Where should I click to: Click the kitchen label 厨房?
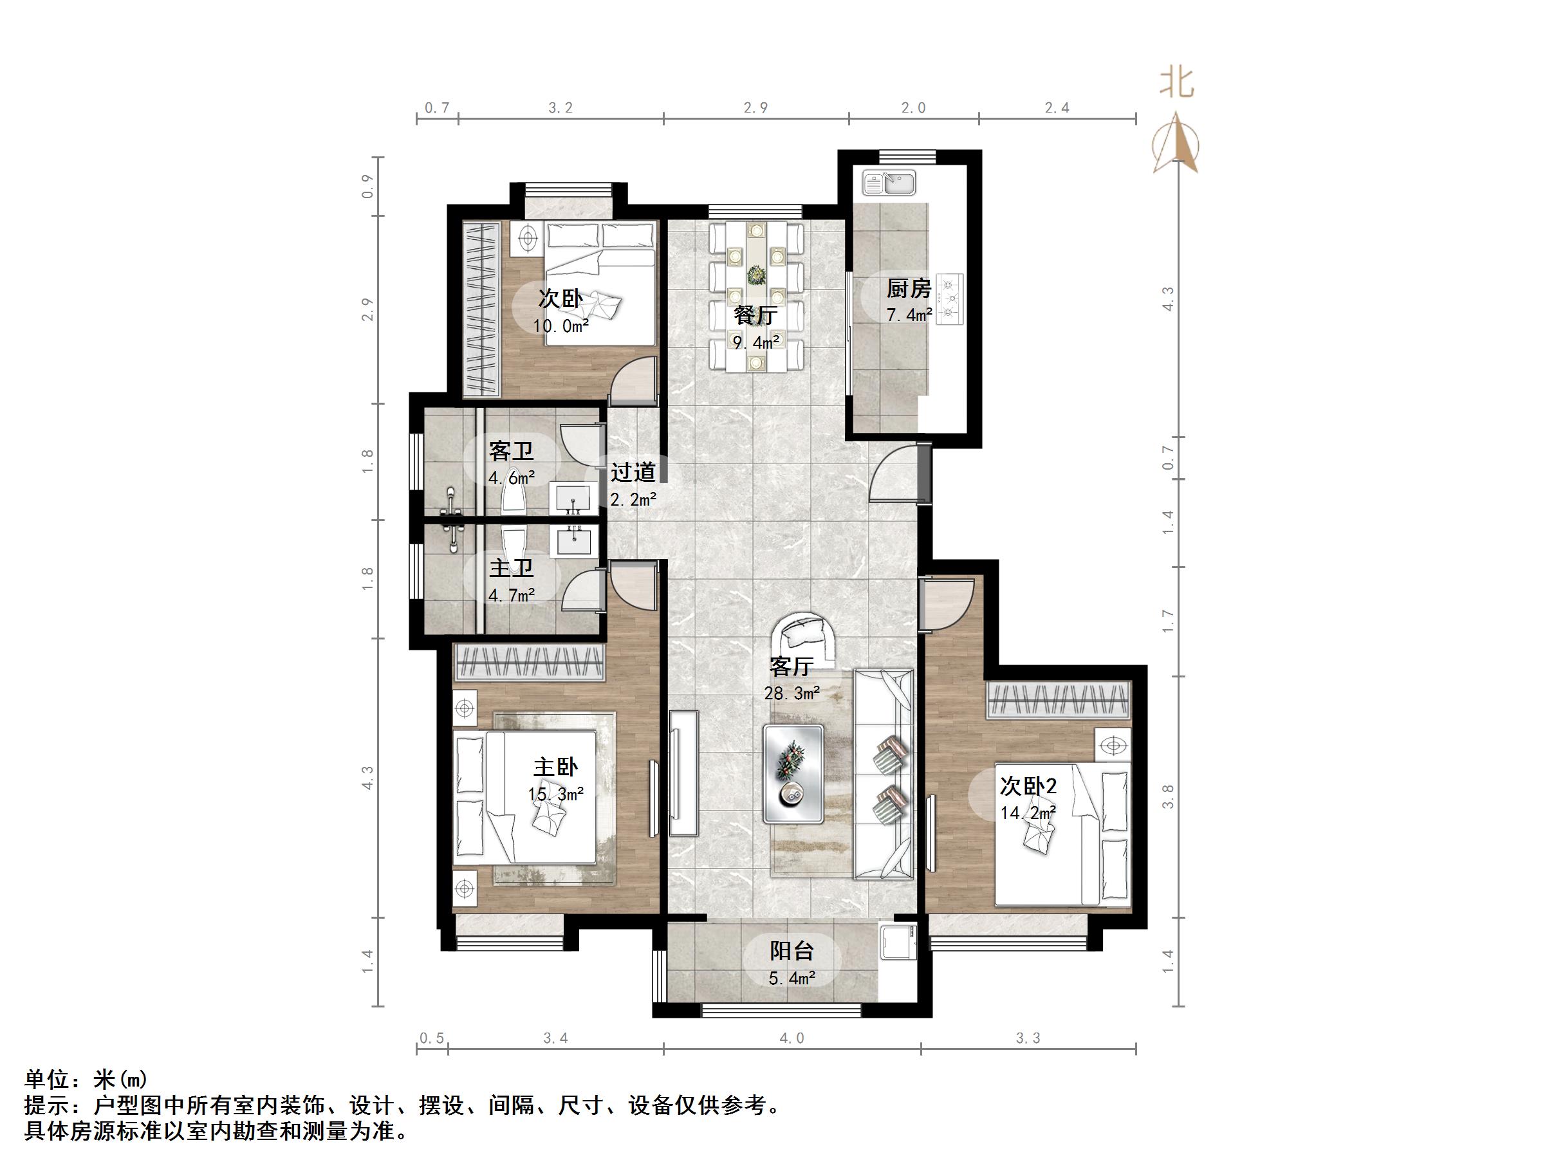(908, 288)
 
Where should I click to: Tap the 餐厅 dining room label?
(755, 315)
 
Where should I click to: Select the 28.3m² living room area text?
(792, 694)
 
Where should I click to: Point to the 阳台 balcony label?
(792, 951)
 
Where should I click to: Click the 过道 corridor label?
(633, 472)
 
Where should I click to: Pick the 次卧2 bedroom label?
(1028, 786)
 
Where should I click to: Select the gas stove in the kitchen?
(950, 299)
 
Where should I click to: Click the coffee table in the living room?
(793, 774)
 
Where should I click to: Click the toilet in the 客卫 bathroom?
(512, 490)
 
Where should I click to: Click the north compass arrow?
(1176, 144)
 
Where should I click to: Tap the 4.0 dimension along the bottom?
(792, 1038)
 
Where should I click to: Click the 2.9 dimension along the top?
(755, 107)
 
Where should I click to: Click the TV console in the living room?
(683, 773)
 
